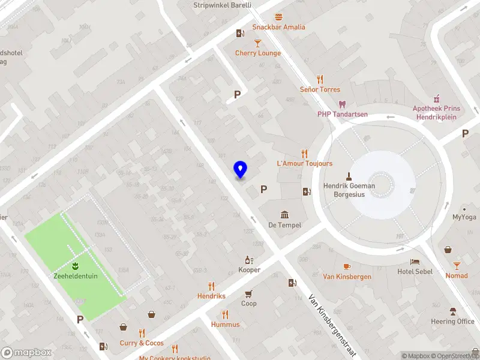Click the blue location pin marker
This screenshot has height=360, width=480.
tap(241, 170)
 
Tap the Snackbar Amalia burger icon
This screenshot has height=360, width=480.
tap(278, 17)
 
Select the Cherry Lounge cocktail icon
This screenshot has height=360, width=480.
tap(258, 43)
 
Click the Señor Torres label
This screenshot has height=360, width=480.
tap(320, 89)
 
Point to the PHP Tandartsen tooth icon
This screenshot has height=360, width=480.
tap(343, 104)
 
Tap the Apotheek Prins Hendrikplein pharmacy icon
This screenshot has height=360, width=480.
tap(436, 98)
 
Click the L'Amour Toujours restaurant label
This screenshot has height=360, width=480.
tap(304, 163)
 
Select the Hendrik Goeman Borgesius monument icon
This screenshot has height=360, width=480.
tap(349, 176)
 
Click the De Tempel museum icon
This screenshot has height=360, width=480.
tap(284, 215)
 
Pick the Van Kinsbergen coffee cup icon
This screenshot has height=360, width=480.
tap(347, 266)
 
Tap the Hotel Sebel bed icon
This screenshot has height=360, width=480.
tap(415, 262)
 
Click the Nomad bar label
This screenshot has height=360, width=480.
tap(457, 275)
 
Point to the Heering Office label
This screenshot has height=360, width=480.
tap(452, 322)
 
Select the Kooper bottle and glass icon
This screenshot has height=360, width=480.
tap(249, 260)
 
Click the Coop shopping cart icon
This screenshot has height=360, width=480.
tap(248, 293)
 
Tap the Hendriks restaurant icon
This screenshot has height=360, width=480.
tap(211, 286)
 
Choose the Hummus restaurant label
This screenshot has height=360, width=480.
tap(225, 325)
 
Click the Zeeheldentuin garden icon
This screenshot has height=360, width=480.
tap(76, 266)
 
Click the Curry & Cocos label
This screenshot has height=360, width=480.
tap(142, 343)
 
